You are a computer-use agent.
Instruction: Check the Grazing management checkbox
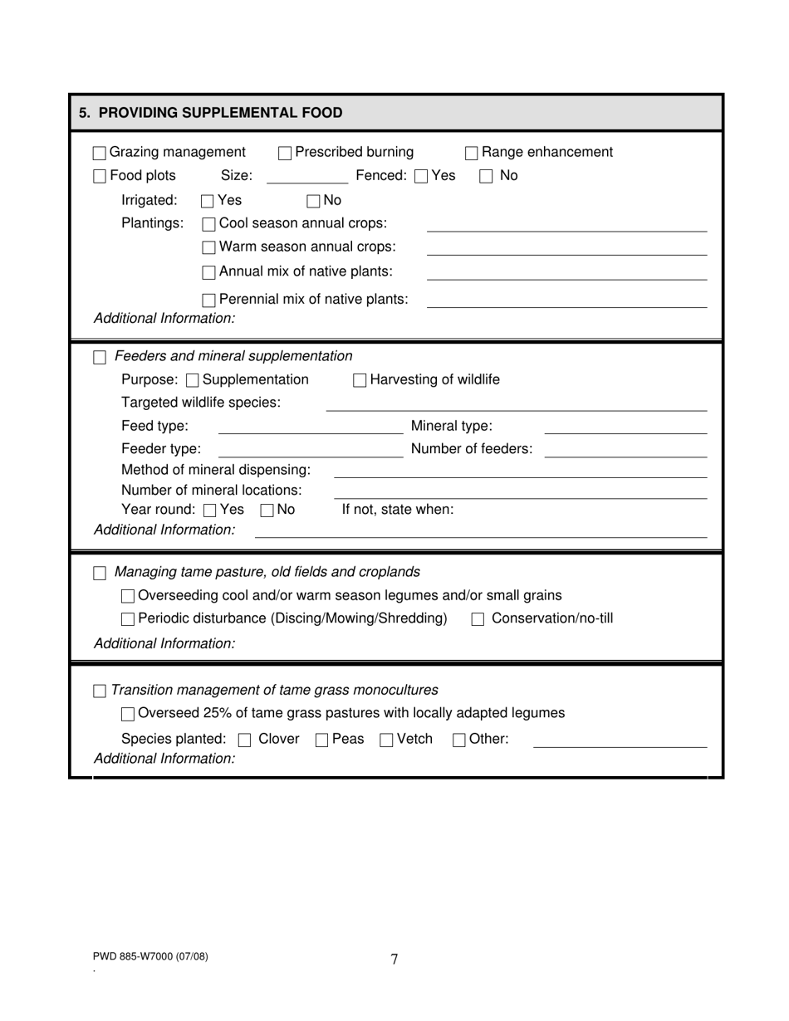(100, 153)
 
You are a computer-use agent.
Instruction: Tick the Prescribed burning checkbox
(285, 153)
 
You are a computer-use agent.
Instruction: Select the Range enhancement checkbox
(471, 153)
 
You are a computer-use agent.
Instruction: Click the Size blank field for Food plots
(307, 176)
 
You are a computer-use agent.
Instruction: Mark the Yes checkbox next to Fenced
(421, 176)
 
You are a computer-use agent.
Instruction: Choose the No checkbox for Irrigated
(313, 201)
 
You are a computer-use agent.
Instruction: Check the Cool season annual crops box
(209, 224)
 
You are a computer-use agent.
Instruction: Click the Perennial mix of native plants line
(566, 300)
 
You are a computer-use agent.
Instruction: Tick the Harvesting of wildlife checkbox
(360, 380)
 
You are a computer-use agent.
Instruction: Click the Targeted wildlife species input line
(516, 403)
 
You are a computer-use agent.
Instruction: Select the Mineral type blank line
(625, 427)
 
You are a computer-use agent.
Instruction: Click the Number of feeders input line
(625, 450)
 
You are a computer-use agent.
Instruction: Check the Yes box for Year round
(210, 510)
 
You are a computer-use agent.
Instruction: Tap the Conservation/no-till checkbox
(478, 619)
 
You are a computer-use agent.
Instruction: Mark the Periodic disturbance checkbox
(128, 619)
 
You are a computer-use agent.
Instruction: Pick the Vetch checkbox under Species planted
(386, 740)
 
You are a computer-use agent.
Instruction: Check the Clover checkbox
(244, 740)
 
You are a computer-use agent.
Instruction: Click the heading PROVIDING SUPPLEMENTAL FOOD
(211, 113)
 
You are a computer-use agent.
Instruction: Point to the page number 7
(394, 960)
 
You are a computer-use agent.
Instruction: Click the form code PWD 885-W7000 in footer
(150, 956)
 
